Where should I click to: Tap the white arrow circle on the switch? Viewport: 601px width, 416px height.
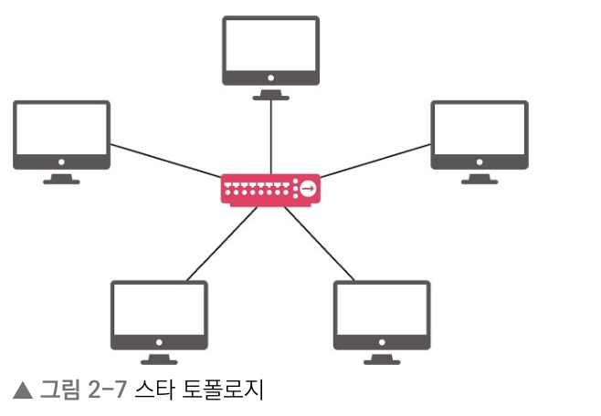(x=309, y=189)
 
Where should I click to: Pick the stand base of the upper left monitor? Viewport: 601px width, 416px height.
(x=61, y=182)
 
